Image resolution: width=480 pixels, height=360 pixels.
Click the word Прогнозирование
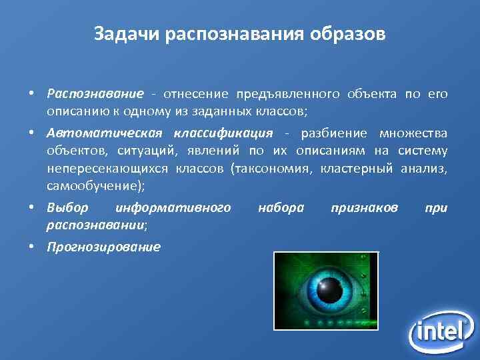(x=103, y=247)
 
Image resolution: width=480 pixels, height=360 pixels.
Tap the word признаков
(x=364, y=208)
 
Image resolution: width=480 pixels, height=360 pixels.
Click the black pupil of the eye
(x=327, y=291)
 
